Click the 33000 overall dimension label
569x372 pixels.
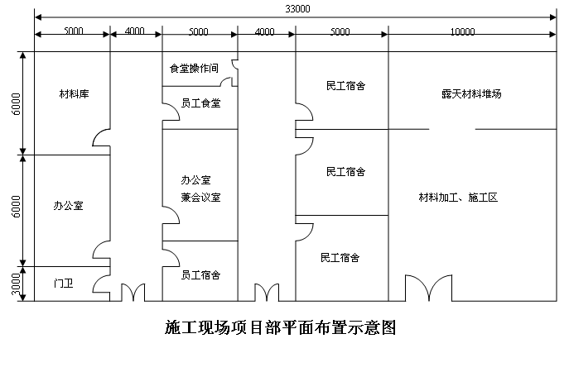click(x=297, y=8)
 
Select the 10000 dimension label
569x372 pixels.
click(x=463, y=32)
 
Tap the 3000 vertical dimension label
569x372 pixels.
click(x=16, y=284)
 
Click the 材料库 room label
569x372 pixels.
click(x=74, y=94)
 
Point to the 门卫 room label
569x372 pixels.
click(x=64, y=283)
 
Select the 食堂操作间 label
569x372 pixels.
click(x=194, y=68)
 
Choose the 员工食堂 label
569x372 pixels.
click(x=200, y=103)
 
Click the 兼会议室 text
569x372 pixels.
click(x=200, y=198)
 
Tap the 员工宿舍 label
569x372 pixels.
click(x=200, y=275)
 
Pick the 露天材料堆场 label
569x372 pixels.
click(x=472, y=94)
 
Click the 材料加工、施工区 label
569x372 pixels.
click(x=458, y=198)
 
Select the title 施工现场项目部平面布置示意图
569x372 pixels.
click(x=280, y=327)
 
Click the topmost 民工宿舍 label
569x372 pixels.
click(x=345, y=86)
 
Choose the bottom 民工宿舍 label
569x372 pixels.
click(x=340, y=258)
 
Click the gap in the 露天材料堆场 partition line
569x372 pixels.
click(x=452, y=129)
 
